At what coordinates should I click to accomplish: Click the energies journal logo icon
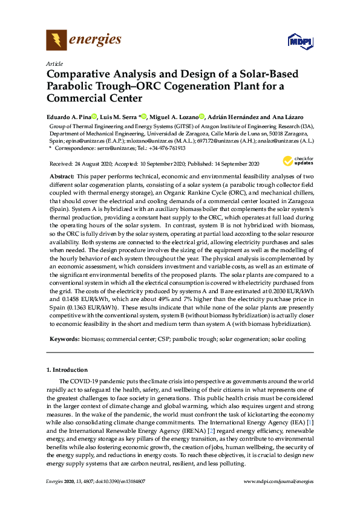coord(56,41)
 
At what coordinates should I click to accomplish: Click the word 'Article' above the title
coord(53,63)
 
